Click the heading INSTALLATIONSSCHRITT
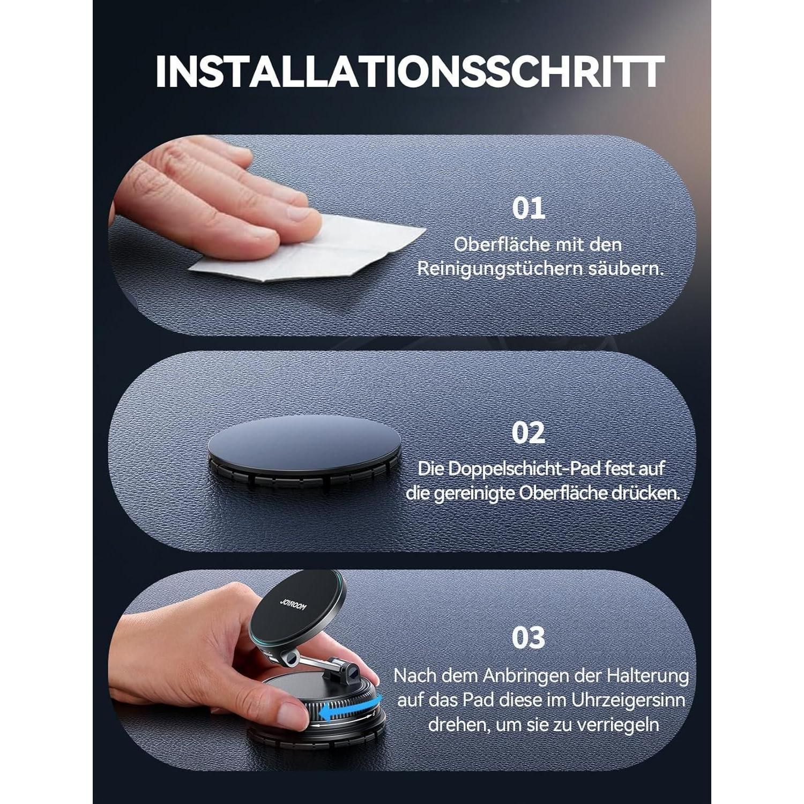(x=410, y=71)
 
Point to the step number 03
(x=528, y=637)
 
